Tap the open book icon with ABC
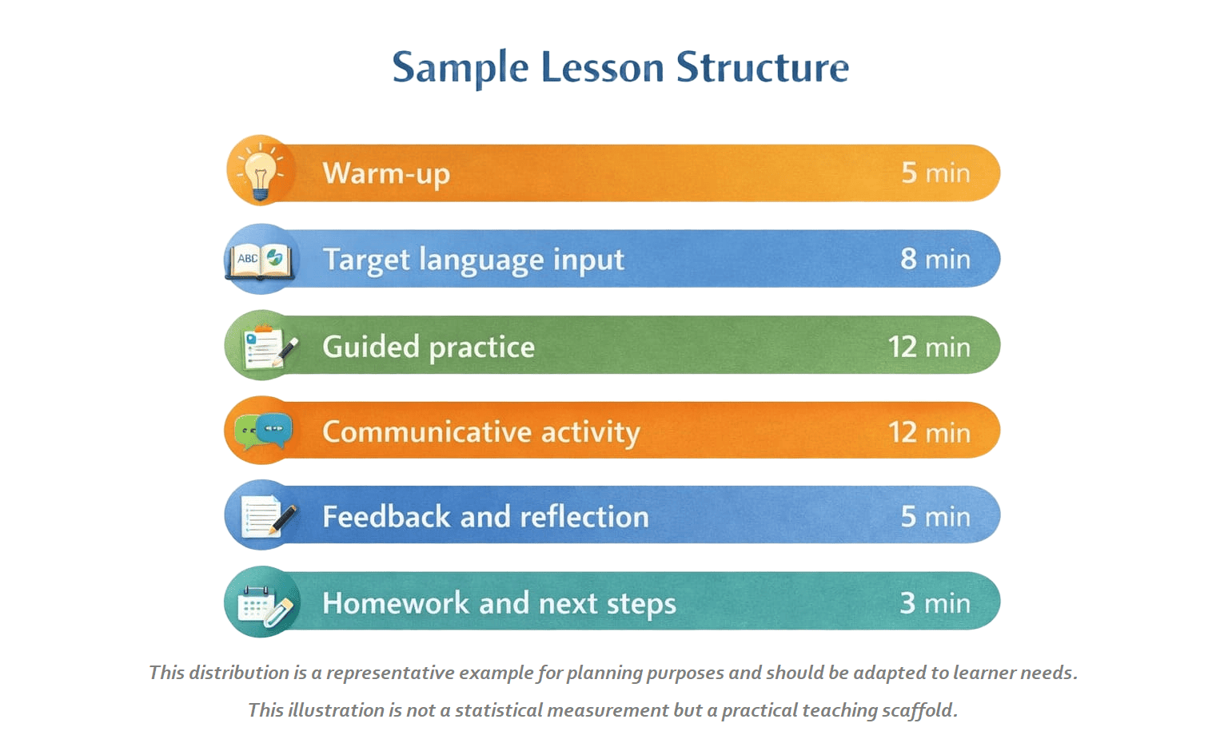click(x=260, y=260)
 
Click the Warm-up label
click(x=386, y=173)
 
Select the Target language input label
click(x=473, y=260)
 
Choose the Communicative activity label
click(x=480, y=433)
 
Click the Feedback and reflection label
click(x=485, y=517)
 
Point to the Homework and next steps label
click(x=499, y=603)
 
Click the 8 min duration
click(x=935, y=259)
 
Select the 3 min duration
click(x=935, y=603)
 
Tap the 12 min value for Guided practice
click(x=929, y=348)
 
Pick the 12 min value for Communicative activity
click(x=929, y=433)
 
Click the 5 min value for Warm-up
click(x=936, y=173)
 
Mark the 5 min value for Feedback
click(x=936, y=516)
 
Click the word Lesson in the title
click(x=602, y=67)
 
